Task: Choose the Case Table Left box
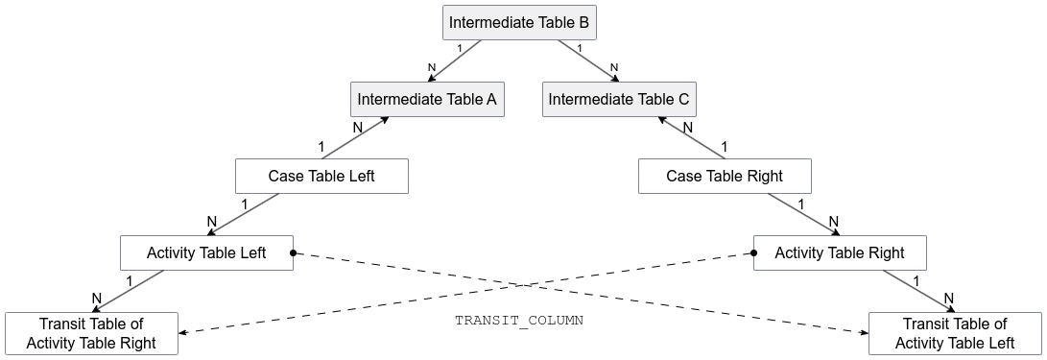pyautogui.click(x=321, y=177)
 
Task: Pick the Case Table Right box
pyautogui.click(x=725, y=177)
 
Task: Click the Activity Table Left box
pyautogui.click(x=206, y=253)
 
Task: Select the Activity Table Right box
pyautogui.click(x=840, y=253)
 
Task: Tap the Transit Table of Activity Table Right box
pyautogui.click(x=91, y=333)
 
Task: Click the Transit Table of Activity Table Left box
pyautogui.click(x=955, y=333)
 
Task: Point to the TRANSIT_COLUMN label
pyautogui.click(x=519, y=321)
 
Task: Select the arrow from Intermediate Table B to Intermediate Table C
pyautogui.click(x=585, y=60)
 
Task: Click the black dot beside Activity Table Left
pyautogui.click(x=294, y=253)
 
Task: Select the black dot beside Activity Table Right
pyautogui.click(x=753, y=253)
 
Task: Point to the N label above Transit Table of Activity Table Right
pyautogui.click(x=96, y=299)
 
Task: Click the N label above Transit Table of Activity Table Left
pyautogui.click(x=949, y=299)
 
